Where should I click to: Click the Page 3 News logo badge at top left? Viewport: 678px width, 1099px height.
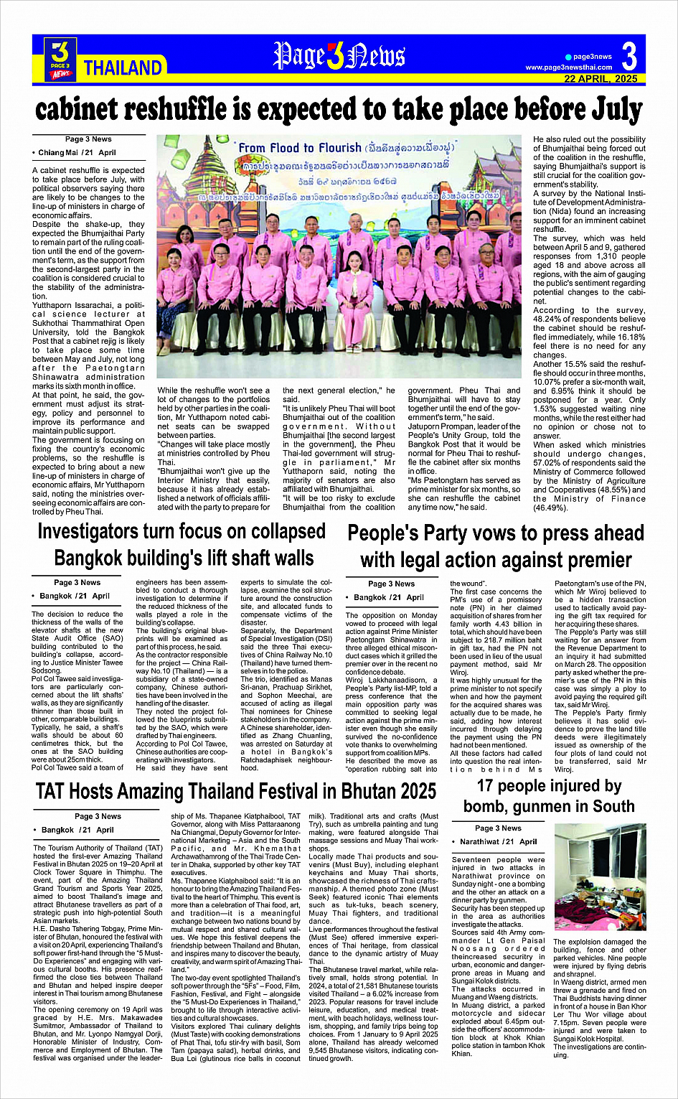coord(60,59)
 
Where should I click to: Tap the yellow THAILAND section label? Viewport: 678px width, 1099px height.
coord(123,68)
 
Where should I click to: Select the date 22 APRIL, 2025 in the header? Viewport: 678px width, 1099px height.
coord(601,78)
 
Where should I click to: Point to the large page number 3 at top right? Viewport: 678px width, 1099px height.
coord(628,56)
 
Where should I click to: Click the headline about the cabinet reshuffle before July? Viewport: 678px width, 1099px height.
coord(339,110)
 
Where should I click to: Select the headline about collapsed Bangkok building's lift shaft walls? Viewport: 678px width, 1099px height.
coord(183,545)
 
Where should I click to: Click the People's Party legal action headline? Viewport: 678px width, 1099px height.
coord(496,546)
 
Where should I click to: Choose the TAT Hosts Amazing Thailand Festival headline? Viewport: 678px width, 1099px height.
coord(236,792)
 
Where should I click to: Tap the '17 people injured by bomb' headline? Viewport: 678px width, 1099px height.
coord(549,796)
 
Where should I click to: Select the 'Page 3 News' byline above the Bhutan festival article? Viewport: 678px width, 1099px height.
coord(98,816)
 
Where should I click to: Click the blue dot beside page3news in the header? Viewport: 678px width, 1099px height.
coord(568,57)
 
